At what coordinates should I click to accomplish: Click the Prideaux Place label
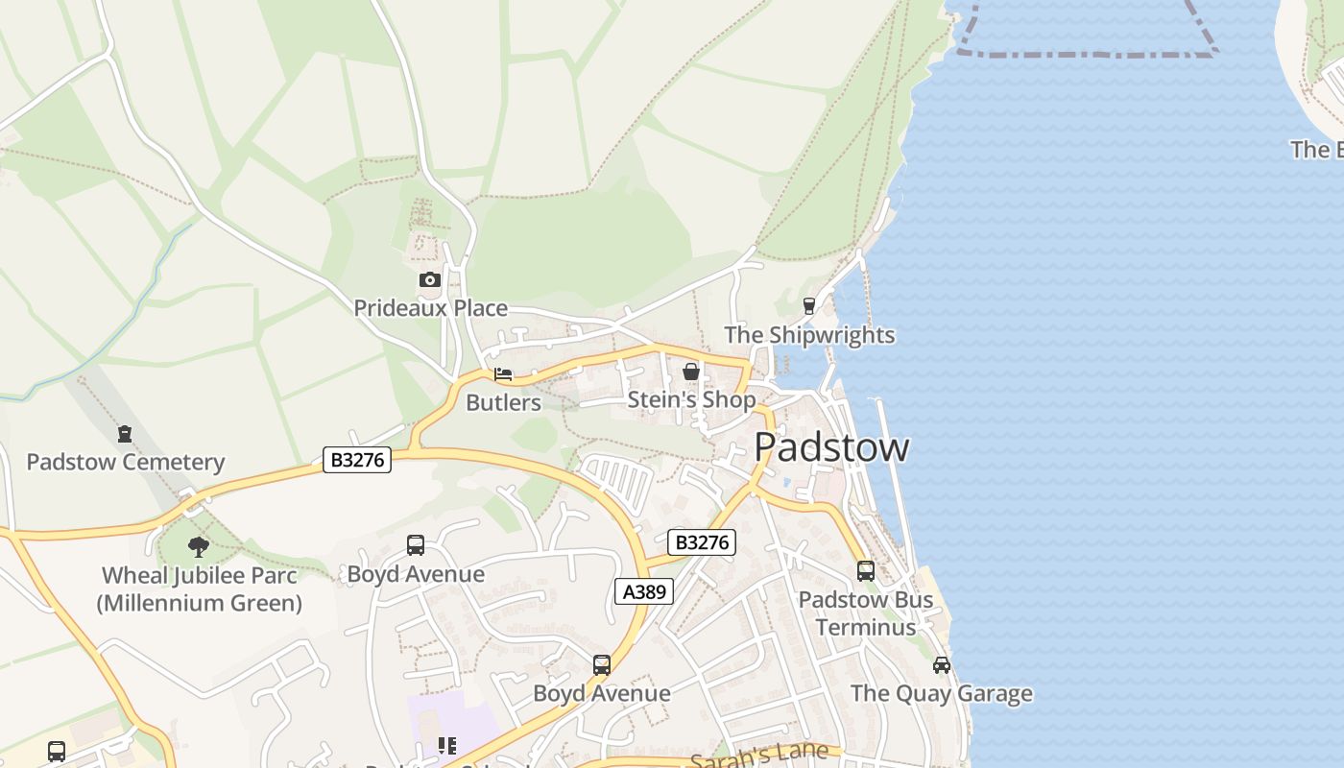(430, 308)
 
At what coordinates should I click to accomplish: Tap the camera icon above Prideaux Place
(430, 280)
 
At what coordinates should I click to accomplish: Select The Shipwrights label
(809, 335)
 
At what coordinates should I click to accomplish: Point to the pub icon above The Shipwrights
(809, 306)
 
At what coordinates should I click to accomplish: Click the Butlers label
(503, 402)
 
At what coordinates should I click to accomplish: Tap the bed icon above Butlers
(503, 374)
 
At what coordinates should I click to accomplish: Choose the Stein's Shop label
(691, 399)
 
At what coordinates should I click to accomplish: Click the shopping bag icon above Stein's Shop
(691, 372)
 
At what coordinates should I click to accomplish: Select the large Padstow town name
(831, 447)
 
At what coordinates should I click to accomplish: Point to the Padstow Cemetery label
(125, 462)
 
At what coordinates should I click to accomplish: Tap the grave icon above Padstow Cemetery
(125, 434)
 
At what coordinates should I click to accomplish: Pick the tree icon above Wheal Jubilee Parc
(199, 547)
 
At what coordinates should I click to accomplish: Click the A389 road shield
(644, 591)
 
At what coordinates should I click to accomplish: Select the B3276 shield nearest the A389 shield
(702, 542)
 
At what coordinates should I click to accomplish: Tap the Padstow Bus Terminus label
(865, 612)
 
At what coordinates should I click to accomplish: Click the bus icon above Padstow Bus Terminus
(866, 571)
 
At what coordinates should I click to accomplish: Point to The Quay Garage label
(941, 693)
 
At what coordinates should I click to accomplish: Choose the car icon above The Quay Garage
(942, 665)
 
